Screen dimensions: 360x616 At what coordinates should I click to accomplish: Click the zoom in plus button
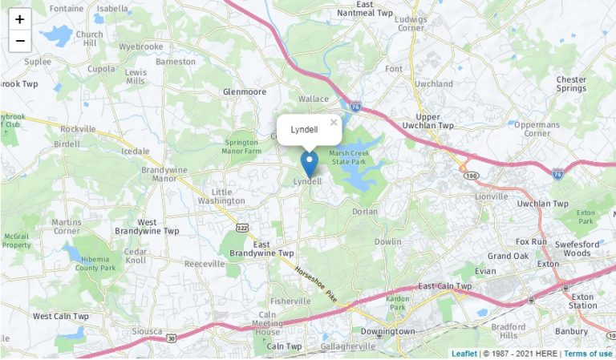pos(19,19)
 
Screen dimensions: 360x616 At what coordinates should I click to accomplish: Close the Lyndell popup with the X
pos(334,123)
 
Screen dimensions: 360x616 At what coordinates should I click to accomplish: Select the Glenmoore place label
pos(244,91)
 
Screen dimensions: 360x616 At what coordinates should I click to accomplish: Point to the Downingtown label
pos(387,330)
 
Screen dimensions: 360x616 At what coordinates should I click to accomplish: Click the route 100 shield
pos(471,175)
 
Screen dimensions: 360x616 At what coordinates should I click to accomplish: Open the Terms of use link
pos(587,354)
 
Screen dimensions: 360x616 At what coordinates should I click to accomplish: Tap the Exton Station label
pos(583,301)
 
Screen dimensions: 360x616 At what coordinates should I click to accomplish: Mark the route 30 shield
pos(171,338)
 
